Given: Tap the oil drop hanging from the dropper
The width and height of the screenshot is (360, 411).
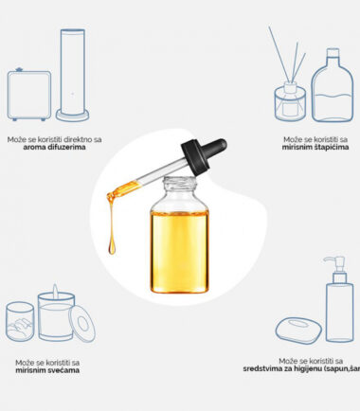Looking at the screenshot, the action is click(x=112, y=246).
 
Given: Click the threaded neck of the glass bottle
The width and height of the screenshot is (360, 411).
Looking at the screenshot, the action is click(x=180, y=184).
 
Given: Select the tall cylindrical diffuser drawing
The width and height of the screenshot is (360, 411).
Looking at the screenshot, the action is click(x=73, y=75).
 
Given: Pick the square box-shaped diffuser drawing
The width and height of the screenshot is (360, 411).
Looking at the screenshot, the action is click(x=29, y=95).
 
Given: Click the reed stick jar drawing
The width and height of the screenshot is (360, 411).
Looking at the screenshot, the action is click(x=290, y=101).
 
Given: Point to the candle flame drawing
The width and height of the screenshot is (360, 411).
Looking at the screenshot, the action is click(x=55, y=291).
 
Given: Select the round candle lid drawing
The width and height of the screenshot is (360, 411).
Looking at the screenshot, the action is click(x=82, y=324).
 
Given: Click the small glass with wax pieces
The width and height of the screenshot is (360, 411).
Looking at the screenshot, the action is click(x=20, y=322).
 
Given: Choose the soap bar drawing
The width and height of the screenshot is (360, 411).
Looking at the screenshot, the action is click(x=298, y=331).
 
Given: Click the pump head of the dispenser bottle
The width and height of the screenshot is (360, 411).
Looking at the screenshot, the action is click(x=335, y=263).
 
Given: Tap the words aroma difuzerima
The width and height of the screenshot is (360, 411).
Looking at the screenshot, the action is click(x=54, y=147).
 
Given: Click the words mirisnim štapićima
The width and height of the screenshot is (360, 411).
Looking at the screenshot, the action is click(x=315, y=147).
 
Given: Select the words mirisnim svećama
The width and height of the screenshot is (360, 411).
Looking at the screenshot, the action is click(x=47, y=370).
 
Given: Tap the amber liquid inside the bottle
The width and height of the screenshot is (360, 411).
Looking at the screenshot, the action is click(x=179, y=252).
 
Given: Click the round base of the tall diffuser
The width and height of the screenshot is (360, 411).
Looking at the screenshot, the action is click(x=73, y=116).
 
